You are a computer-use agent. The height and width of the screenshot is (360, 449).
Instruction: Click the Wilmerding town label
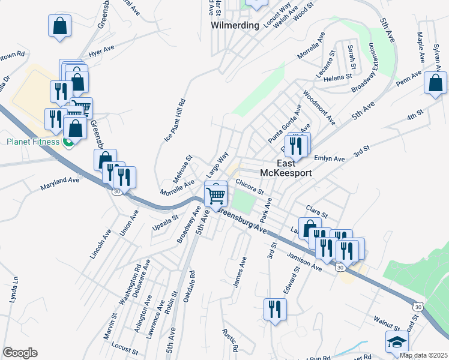(235, 25)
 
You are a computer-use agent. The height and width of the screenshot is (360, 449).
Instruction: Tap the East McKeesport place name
(286, 168)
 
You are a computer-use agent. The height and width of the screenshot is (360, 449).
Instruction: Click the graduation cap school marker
(396, 342)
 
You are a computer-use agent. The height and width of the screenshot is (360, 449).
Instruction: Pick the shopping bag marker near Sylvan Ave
(435, 83)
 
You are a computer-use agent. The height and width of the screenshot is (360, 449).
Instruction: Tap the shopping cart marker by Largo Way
(215, 194)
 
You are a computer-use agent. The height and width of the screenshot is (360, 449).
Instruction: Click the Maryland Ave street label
(60, 183)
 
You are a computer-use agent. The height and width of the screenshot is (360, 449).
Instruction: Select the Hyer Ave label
(101, 52)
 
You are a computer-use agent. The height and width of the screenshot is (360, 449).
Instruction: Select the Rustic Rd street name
(230, 340)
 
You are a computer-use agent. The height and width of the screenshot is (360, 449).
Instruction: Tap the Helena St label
(338, 77)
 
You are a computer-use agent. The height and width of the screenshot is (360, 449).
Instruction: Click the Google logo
(20, 353)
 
